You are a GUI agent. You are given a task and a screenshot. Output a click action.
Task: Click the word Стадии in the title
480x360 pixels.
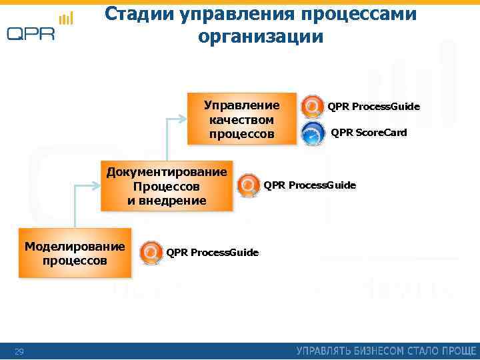[139, 15]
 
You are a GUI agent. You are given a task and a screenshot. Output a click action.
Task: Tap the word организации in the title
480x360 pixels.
[260, 37]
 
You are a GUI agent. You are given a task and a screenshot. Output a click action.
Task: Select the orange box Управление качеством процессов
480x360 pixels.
[241, 119]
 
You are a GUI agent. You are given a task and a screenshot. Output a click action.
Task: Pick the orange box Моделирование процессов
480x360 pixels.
[75, 253]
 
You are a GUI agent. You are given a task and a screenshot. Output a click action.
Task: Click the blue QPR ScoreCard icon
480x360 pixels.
[313, 133]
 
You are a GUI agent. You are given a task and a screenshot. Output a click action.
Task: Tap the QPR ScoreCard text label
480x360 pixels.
[368, 133]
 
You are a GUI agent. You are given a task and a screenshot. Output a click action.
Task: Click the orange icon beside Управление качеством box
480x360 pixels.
[313, 107]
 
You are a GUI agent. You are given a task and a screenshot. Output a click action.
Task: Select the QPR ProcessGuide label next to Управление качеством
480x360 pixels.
[373, 107]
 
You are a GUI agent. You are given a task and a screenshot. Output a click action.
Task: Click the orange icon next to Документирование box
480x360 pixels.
[249, 185]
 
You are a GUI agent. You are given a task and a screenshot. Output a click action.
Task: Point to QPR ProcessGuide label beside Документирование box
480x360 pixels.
[309, 185]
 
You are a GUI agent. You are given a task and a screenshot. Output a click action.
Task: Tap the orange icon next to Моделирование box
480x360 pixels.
[151, 253]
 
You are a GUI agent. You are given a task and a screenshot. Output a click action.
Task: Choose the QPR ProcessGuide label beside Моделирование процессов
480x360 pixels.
[212, 252]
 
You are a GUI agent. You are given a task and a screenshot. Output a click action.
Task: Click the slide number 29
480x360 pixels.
[19, 351]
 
